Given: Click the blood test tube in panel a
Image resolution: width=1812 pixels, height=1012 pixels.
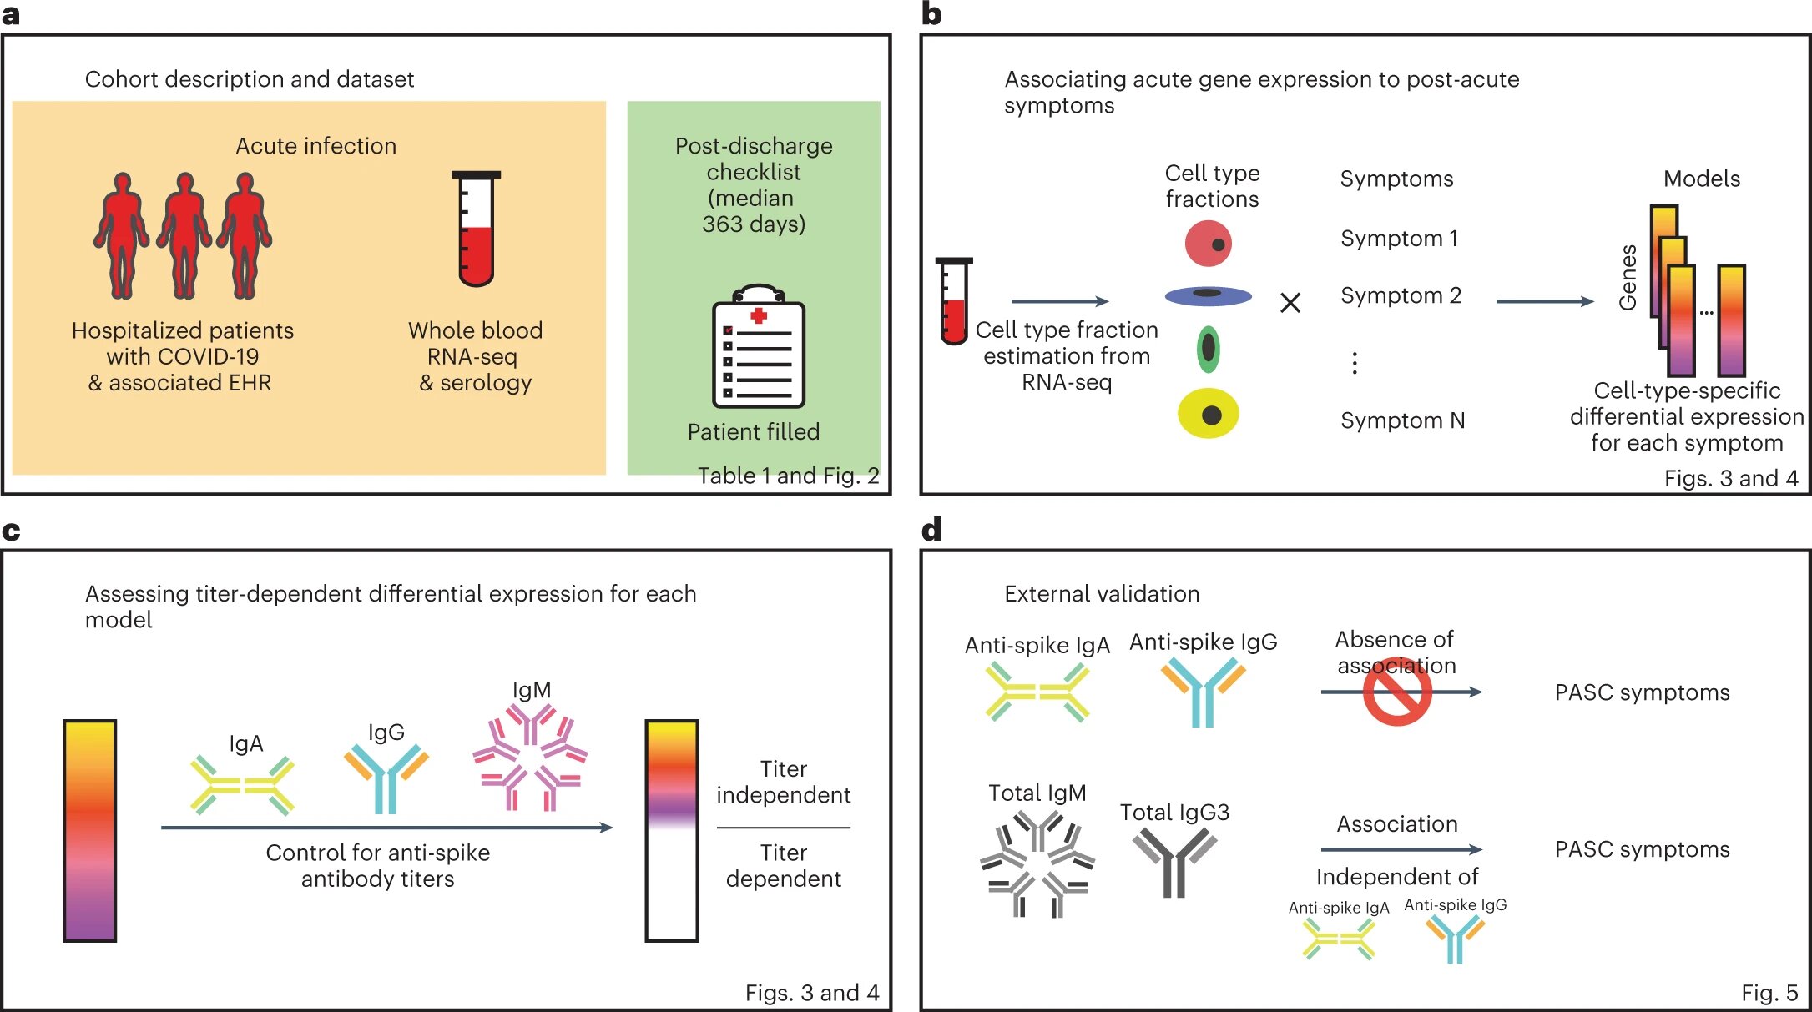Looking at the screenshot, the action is coord(476,229).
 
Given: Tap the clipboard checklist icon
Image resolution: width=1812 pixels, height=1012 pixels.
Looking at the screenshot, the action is coord(758,345).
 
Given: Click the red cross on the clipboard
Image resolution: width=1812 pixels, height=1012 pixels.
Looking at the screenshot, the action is coord(759,315).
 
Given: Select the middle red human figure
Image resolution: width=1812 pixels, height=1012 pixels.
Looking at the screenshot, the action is coord(184,235).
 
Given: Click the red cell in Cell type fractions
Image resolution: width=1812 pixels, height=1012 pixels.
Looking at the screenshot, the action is coord(1208,244).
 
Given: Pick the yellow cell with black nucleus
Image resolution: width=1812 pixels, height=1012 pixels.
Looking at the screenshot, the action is coord(1208,414).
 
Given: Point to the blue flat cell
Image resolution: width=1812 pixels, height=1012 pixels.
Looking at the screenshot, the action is coord(1208,295).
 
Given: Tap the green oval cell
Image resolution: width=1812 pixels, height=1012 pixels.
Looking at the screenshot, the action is coord(1208,349).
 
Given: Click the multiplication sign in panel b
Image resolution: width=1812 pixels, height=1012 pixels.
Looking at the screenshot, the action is coord(1290,303).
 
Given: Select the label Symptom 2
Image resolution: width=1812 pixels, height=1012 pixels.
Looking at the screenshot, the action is coord(1401,295).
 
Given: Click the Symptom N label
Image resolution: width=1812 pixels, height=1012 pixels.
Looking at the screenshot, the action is coord(1402,420).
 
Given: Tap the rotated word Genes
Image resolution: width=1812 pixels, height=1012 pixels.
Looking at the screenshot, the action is coord(1628,278).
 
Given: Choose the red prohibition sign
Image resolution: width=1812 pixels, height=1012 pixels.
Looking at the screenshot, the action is coord(1397,692).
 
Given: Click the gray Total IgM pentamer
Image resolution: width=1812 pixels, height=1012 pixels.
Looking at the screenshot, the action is coord(1037,863).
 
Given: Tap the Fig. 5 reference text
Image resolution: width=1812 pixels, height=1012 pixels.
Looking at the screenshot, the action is coord(1769,993).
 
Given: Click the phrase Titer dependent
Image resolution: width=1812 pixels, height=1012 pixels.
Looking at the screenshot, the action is coord(783,865).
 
